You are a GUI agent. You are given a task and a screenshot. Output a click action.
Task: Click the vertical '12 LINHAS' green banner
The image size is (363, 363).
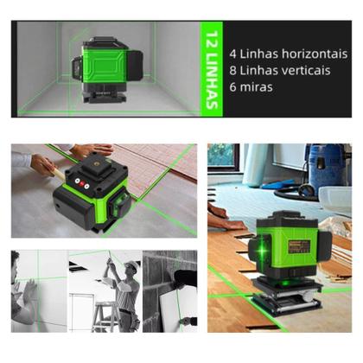coord(207,69)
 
